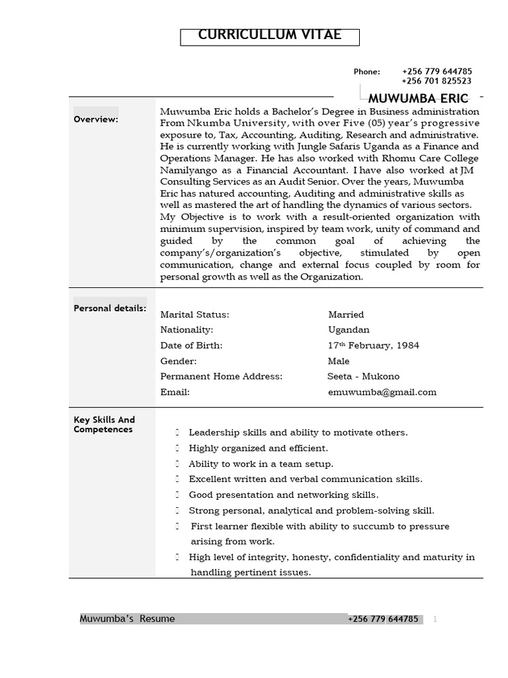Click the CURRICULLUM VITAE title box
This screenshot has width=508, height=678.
click(x=270, y=36)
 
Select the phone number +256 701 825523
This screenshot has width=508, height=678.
click(x=436, y=81)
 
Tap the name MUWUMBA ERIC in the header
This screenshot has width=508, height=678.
click(x=418, y=99)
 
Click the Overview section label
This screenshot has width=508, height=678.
click(x=96, y=120)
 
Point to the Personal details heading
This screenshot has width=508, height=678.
click(x=110, y=309)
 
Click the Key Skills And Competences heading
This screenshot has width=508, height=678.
click(x=104, y=424)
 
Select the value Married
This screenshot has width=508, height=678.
click(x=346, y=315)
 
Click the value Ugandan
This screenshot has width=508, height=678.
click(x=349, y=330)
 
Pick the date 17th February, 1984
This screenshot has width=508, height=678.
click(x=373, y=345)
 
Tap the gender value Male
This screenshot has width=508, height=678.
click(x=339, y=361)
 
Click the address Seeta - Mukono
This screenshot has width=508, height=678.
click(x=363, y=376)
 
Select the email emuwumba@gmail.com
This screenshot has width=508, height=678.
click(x=382, y=392)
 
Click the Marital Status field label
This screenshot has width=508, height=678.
click(x=194, y=315)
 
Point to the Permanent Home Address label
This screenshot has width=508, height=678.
click(x=221, y=376)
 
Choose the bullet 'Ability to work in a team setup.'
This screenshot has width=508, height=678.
click(x=261, y=464)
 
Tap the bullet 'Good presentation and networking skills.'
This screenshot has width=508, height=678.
click(x=284, y=495)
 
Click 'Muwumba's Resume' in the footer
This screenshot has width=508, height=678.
click(x=128, y=619)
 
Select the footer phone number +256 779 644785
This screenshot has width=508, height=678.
click(x=383, y=619)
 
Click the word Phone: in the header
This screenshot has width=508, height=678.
click(x=366, y=72)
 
